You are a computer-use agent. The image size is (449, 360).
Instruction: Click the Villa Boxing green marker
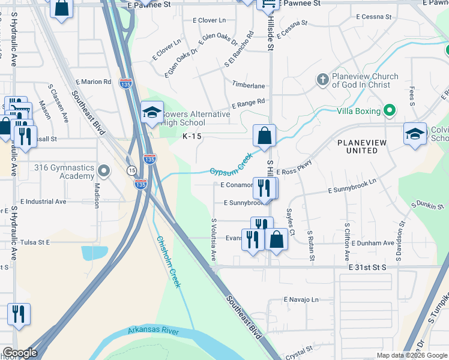pyautogui.click(x=390, y=110)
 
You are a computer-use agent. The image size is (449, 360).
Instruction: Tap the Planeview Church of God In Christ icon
pyautogui.click(x=322, y=80)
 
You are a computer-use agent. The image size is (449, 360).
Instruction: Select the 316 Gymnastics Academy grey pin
pyautogui.click(x=104, y=172)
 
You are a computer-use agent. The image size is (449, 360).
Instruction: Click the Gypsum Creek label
pyautogui.click(x=231, y=163)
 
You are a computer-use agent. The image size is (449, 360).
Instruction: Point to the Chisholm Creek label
pyautogui.click(x=169, y=261)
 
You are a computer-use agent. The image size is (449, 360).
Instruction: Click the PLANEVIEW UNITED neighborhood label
pyautogui.click(x=358, y=146)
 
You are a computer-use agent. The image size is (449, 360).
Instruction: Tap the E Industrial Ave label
pyautogui.click(x=43, y=202)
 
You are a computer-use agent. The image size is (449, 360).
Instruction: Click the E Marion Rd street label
pyautogui.click(x=94, y=82)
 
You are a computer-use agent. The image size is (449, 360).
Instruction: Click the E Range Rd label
pyautogui.click(x=248, y=103)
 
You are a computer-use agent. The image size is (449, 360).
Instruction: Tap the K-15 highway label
pyautogui.click(x=192, y=136)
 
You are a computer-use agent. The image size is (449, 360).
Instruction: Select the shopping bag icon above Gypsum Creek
pyautogui.click(x=264, y=137)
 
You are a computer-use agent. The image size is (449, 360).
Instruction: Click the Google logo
pyautogui.click(x=20, y=353)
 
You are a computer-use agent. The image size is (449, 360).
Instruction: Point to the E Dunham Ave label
pyautogui.click(x=373, y=243)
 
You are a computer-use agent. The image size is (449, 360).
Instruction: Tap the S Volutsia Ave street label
pyautogui.click(x=213, y=239)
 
